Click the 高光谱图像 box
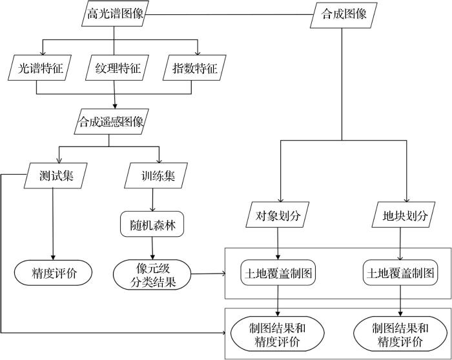114,14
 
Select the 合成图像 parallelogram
342,15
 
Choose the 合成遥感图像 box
110,121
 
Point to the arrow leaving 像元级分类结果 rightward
207,274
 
